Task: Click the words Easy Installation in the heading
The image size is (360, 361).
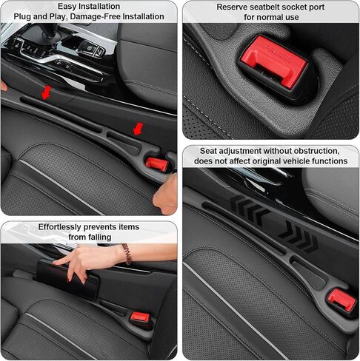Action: (88, 5)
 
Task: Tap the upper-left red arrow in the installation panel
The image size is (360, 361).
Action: (47, 92)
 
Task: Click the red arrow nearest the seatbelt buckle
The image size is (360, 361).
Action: (138, 129)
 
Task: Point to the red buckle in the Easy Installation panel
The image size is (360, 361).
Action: (156, 163)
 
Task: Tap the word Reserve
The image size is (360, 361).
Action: (235, 7)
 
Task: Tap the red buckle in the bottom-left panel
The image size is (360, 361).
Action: (139, 317)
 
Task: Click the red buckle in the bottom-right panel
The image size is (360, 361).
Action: (341, 298)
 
